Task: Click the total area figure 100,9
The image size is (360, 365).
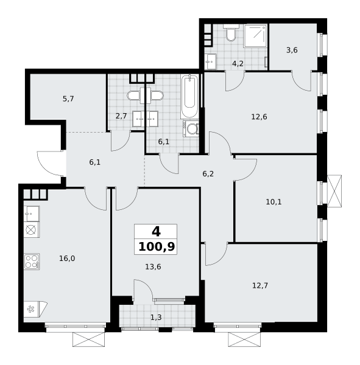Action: click(x=157, y=246)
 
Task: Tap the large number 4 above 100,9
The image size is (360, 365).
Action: click(x=156, y=232)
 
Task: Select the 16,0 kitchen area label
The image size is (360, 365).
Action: click(x=67, y=259)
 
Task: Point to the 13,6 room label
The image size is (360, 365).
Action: click(x=153, y=267)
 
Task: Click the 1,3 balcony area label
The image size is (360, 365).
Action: click(x=156, y=318)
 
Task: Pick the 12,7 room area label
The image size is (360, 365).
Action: click(x=260, y=285)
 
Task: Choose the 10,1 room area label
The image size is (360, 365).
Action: click(x=274, y=202)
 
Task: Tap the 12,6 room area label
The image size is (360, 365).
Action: click(x=259, y=117)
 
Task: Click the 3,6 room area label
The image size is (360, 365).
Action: click(x=292, y=50)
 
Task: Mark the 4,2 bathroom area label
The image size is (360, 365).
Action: click(x=238, y=63)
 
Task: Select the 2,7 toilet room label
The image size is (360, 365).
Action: click(x=121, y=116)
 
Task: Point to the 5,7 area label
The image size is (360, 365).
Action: click(x=68, y=99)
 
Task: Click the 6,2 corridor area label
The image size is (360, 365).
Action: click(x=208, y=174)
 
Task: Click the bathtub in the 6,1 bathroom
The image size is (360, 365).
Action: click(x=190, y=97)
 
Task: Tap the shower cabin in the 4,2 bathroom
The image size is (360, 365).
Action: click(x=255, y=36)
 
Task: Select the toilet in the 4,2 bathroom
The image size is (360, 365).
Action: click(x=231, y=33)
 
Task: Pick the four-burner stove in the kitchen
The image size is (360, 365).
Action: click(x=32, y=262)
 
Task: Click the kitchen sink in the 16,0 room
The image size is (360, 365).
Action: click(x=32, y=214)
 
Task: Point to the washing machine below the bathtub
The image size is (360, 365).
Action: click(x=191, y=128)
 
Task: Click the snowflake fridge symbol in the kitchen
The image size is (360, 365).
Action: click(x=30, y=309)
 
